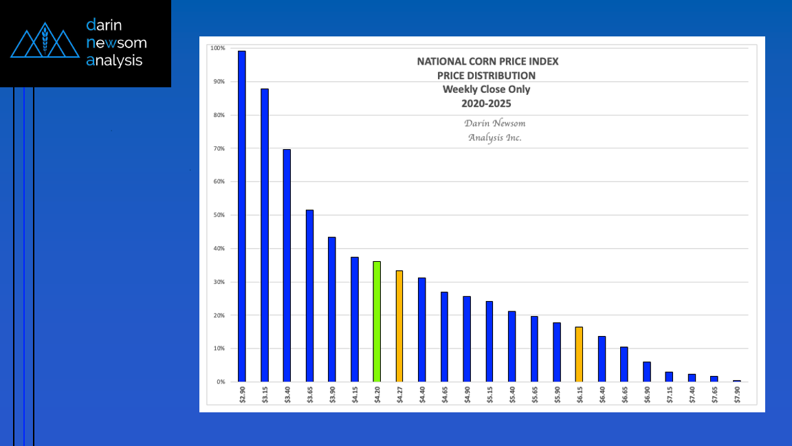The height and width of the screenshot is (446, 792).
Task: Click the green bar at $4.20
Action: click(x=377, y=322)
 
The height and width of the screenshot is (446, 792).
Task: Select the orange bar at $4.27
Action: click(x=399, y=326)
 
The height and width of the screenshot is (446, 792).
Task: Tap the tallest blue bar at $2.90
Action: click(x=242, y=216)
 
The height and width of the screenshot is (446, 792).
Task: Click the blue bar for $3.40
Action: click(x=287, y=265)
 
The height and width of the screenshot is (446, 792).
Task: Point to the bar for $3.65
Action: click(x=309, y=296)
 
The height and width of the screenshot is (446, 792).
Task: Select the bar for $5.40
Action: click(x=511, y=346)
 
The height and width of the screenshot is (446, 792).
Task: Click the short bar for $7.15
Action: click(x=669, y=377)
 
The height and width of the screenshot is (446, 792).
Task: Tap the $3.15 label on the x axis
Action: click(x=265, y=396)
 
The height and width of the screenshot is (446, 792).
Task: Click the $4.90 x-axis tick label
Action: click(x=467, y=396)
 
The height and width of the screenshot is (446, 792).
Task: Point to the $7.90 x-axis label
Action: click(x=736, y=396)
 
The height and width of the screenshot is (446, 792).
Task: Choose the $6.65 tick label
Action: click(x=624, y=396)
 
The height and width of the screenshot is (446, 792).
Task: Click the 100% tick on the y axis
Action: click(x=217, y=48)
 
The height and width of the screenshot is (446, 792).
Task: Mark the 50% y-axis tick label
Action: click(x=219, y=215)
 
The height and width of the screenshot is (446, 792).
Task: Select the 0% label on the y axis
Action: click(x=220, y=382)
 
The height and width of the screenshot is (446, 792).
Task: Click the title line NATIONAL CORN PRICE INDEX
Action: click(x=487, y=61)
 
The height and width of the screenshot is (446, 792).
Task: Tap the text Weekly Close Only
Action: click(x=486, y=89)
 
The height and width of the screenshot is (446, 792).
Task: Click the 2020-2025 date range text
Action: click(x=486, y=104)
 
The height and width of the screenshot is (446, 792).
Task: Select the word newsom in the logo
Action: click(x=116, y=43)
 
